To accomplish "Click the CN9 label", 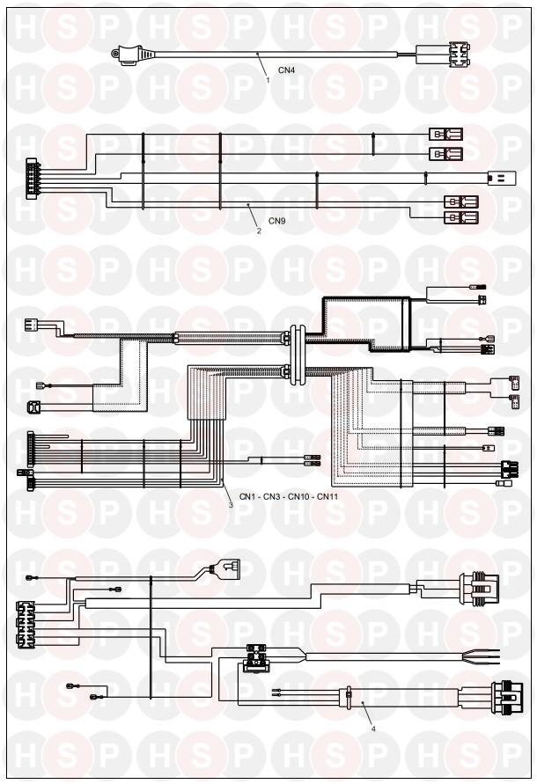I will [277, 221].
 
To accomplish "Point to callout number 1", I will [268, 80].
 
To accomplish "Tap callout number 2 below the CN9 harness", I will [258, 231].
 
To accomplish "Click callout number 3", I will [231, 506].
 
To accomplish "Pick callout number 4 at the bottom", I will [373, 728].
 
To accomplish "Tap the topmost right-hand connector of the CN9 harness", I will [445, 135].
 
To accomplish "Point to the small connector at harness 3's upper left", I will [33, 325].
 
